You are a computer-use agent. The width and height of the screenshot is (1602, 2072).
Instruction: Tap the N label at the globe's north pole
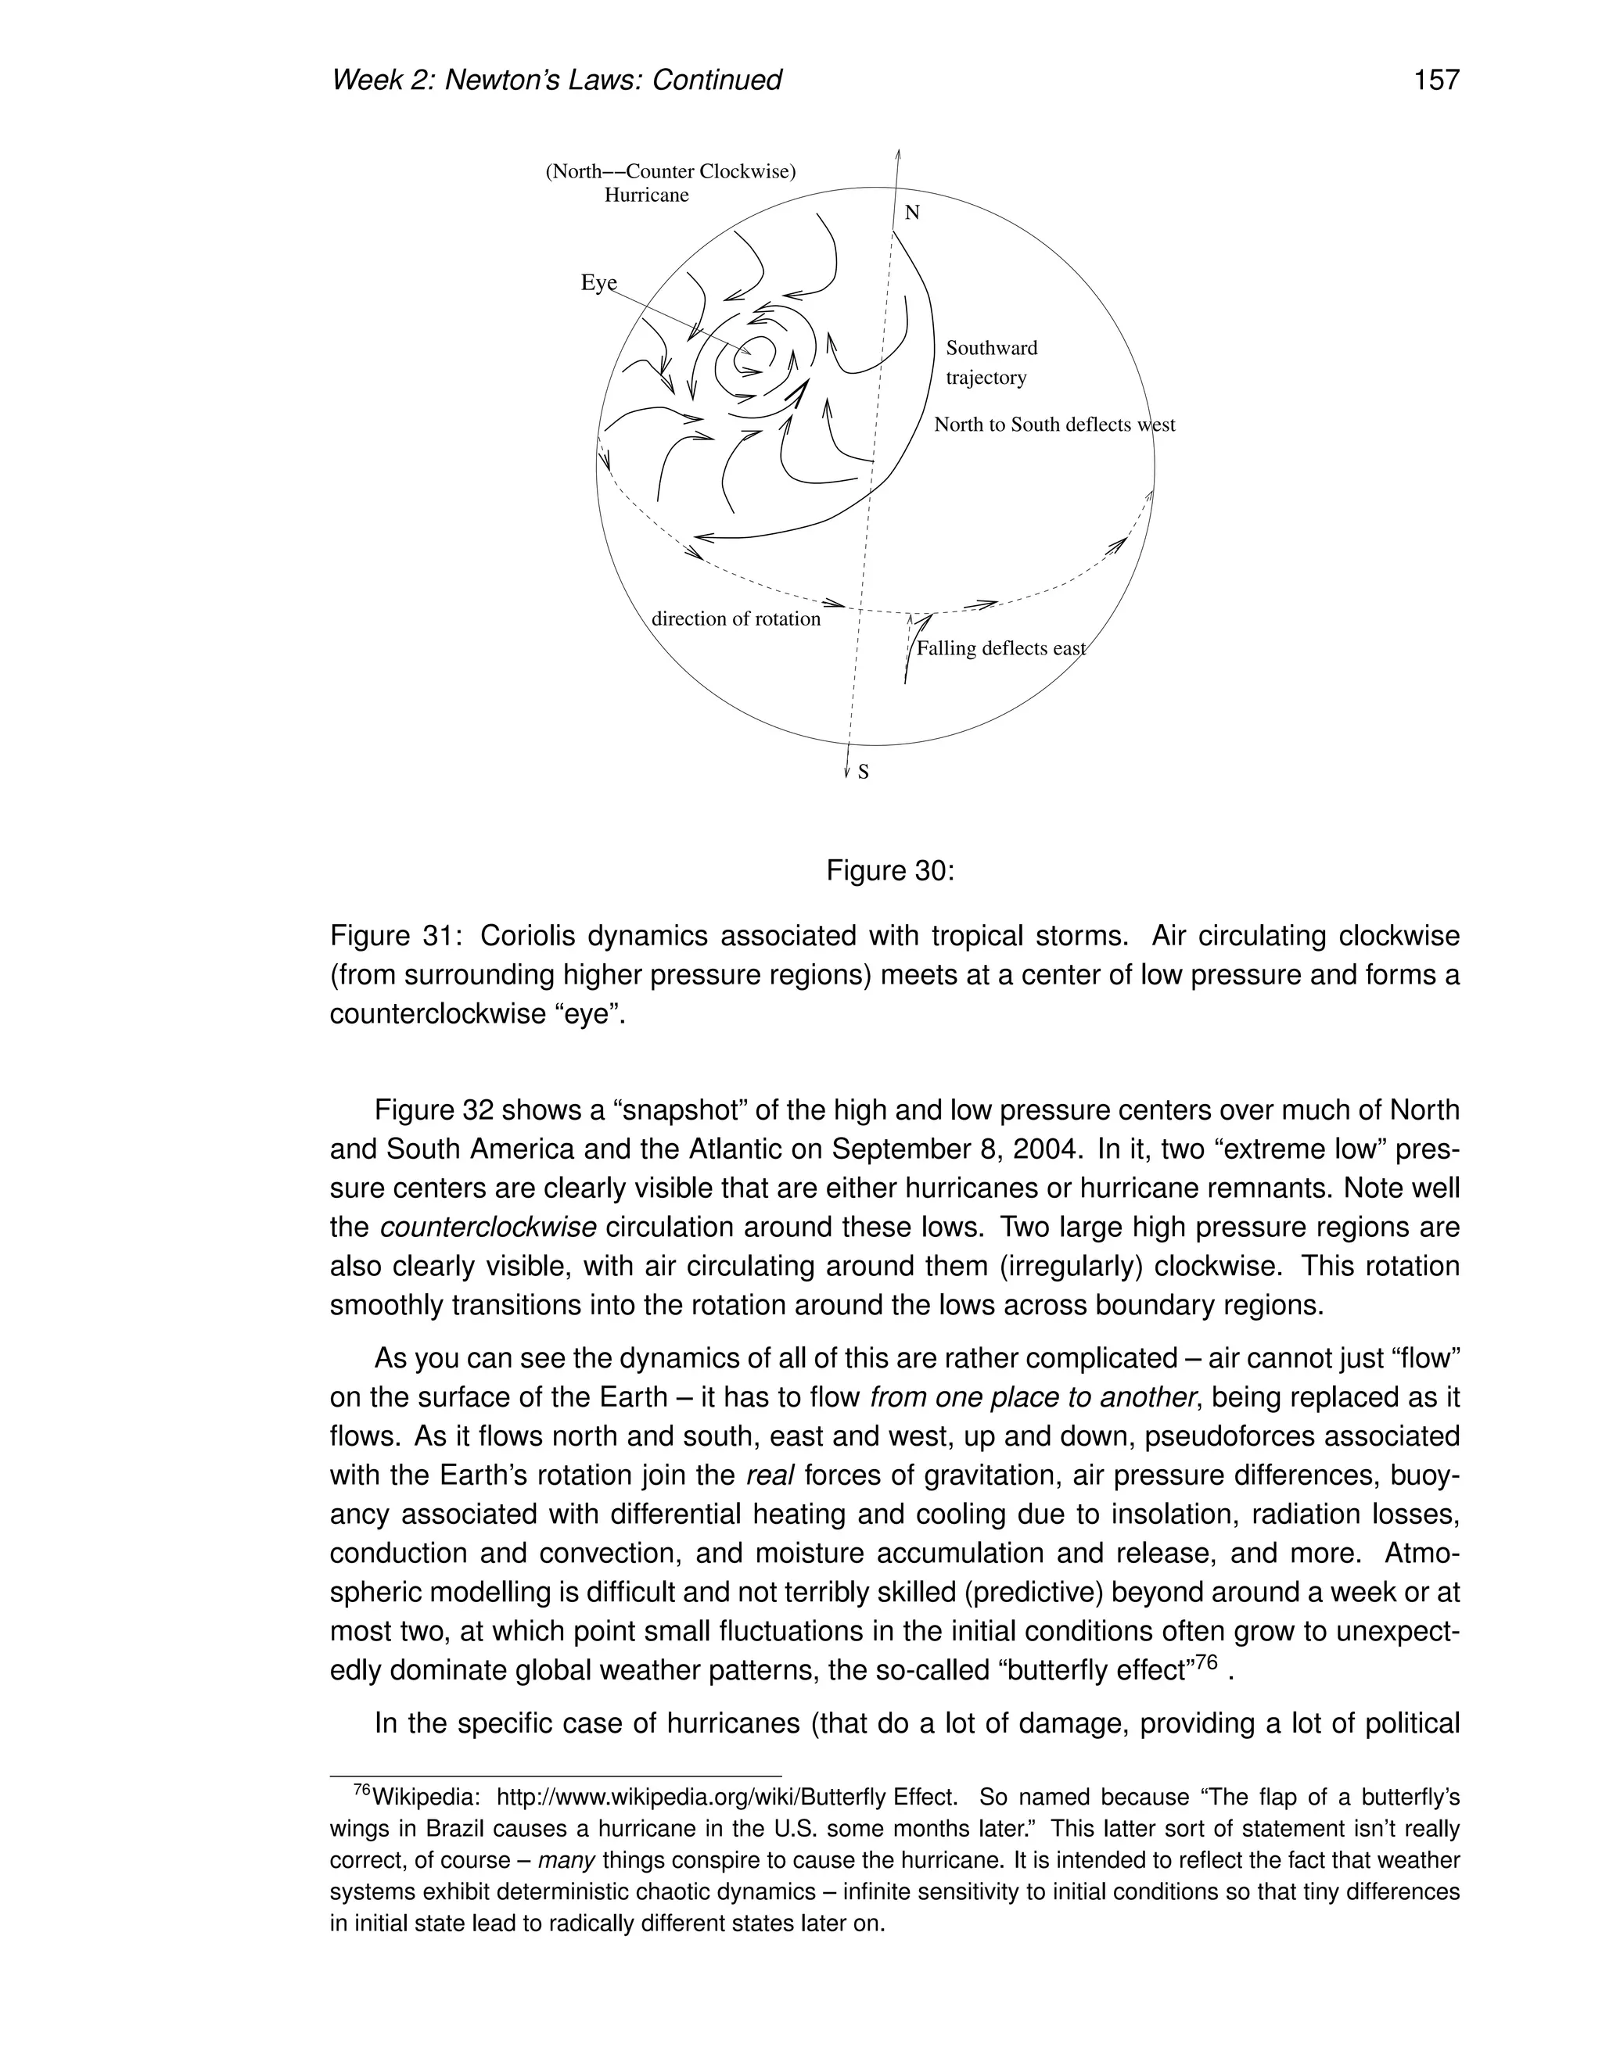click(x=912, y=213)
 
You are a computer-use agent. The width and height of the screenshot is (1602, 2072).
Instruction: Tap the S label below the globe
click(x=863, y=773)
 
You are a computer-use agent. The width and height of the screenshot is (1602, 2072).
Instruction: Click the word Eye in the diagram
click(x=598, y=283)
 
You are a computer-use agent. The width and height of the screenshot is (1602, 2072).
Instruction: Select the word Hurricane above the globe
click(x=646, y=195)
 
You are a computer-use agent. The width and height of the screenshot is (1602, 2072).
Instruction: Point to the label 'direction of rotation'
click(x=735, y=619)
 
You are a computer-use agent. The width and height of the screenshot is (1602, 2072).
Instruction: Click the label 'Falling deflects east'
click(x=1000, y=649)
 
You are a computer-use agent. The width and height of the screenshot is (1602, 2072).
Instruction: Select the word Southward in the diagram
click(x=991, y=348)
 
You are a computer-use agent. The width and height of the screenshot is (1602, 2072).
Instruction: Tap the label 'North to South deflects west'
click(x=1054, y=425)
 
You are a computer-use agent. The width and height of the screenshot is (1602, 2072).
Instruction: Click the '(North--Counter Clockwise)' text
click(x=670, y=172)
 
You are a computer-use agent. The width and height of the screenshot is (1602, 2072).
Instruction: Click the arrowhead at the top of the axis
click(x=898, y=154)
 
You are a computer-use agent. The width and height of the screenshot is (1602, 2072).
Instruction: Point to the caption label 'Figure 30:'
click(x=889, y=870)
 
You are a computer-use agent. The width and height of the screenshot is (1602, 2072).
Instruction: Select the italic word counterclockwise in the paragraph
click(x=488, y=1228)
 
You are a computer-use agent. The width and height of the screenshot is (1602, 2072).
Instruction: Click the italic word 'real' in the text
click(x=770, y=1476)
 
